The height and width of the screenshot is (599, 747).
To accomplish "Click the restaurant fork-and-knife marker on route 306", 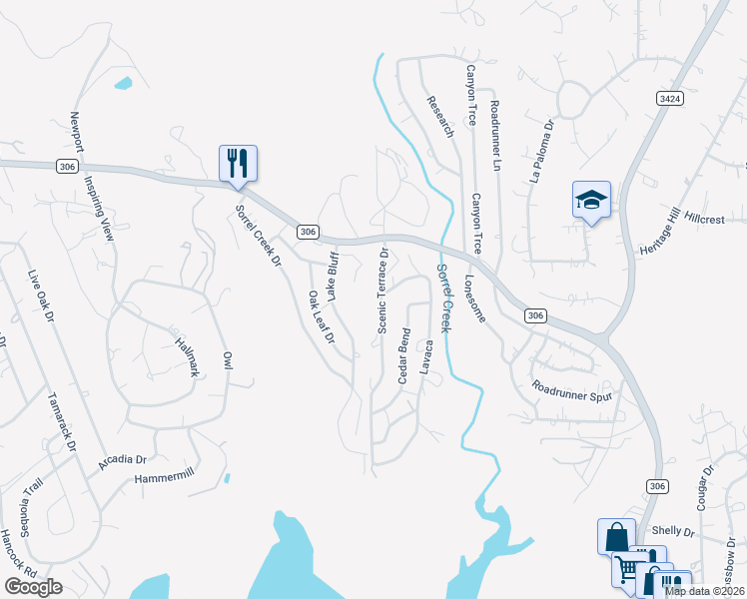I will point(238,163).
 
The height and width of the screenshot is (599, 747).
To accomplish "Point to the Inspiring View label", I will point(99,206).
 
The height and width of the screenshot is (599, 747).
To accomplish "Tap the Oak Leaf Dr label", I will point(320,317).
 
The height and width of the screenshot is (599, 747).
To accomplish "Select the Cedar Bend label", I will point(404,355).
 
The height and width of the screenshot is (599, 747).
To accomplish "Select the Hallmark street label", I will point(187,355).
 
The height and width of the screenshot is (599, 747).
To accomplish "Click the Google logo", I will point(33,586).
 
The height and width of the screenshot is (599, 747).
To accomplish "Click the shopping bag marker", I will point(615,534).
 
